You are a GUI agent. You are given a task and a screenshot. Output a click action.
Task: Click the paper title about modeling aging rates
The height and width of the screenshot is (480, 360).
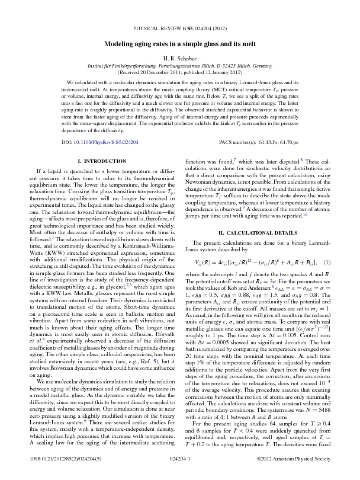(179, 44)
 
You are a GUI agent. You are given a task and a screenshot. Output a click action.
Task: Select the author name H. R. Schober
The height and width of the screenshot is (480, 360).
(179, 59)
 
